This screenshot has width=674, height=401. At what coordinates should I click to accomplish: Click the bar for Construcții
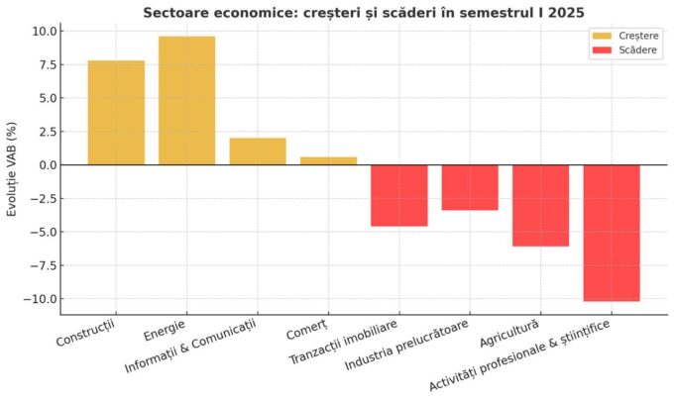pyautogui.click(x=116, y=112)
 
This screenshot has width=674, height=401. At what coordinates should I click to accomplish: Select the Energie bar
pyautogui.click(x=186, y=100)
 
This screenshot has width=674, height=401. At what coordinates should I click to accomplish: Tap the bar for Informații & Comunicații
pyautogui.click(x=258, y=150)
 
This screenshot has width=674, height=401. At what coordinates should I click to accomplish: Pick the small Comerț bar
pyautogui.click(x=328, y=160)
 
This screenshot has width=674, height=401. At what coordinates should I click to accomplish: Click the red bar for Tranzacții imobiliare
pyautogui.click(x=398, y=195)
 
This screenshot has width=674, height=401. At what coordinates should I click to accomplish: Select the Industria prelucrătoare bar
pyautogui.click(x=470, y=187)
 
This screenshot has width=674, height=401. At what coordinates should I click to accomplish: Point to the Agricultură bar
pyautogui.click(x=540, y=205)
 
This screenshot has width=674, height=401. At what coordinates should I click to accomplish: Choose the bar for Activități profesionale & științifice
pyautogui.click(x=612, y=233)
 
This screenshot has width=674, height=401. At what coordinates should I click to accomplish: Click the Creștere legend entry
pyautogui.click(x=622, y=35)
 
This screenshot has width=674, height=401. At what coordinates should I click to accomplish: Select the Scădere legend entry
pyautogui.click(x=622, y=49)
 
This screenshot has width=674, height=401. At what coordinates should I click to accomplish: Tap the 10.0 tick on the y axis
pyautogui.click(x=43, y=31)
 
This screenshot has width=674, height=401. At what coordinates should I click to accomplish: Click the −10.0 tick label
pyautogui.click(x=40, y=299)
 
